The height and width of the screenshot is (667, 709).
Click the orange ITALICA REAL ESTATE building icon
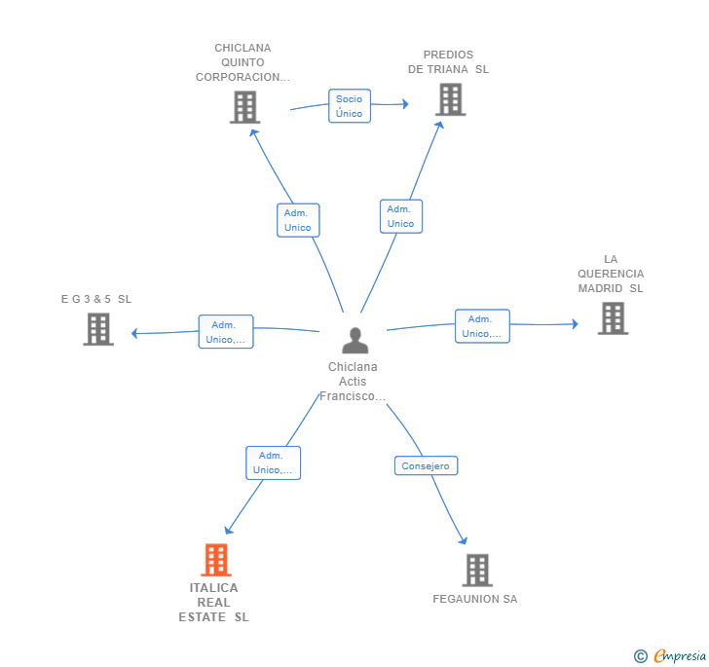coord(216,559)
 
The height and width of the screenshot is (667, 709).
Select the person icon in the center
coord(355,340)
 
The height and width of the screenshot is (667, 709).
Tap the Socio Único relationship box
coord(350,106)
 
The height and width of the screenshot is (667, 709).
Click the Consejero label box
coord(426,465)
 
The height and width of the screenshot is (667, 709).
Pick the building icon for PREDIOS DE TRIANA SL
coord(451,99)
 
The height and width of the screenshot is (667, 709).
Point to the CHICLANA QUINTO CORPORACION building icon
coord(245,107)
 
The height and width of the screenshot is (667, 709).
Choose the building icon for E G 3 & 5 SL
coord(98,329)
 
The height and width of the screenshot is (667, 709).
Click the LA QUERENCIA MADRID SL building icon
coord(614,318)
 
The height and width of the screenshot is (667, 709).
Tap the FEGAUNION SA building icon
coord(477,571)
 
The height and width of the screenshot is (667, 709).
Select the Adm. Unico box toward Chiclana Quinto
coord(298,220)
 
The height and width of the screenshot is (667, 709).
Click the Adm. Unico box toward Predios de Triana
coord(401,216)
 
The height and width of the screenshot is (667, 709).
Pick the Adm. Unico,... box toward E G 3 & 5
coord(226,331)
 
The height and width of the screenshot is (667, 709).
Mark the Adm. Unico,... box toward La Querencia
coord(482,326)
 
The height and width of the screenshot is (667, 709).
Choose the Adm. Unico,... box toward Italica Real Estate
coord(273,463)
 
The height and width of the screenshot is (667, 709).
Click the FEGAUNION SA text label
coord(475,599)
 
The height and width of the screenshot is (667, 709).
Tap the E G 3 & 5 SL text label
coord(96,299)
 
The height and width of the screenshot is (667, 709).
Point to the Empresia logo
coord(670,655)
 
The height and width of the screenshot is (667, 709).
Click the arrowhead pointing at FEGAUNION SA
coord(463,540)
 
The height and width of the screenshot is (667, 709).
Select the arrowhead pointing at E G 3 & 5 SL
coord(133,333)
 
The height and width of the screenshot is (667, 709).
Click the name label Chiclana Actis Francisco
coord(353,381)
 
